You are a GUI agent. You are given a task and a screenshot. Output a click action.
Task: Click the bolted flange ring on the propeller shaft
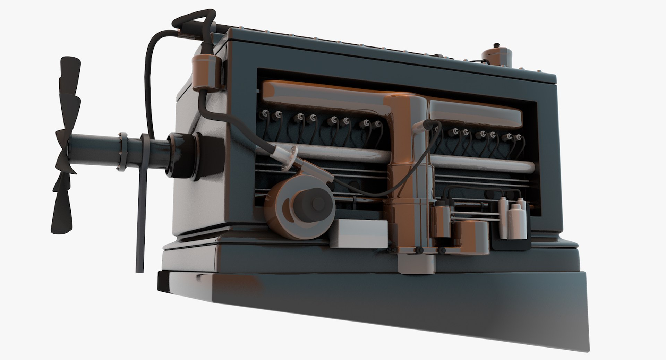coord(122,152)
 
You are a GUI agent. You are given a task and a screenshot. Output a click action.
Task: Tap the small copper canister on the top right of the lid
coord(497,57)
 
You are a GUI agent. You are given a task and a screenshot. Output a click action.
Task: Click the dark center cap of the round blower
coord(316,204)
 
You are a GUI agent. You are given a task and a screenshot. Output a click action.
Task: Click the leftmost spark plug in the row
coord(266,113)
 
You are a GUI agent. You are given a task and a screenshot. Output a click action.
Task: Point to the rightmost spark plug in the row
coord(519,138)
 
